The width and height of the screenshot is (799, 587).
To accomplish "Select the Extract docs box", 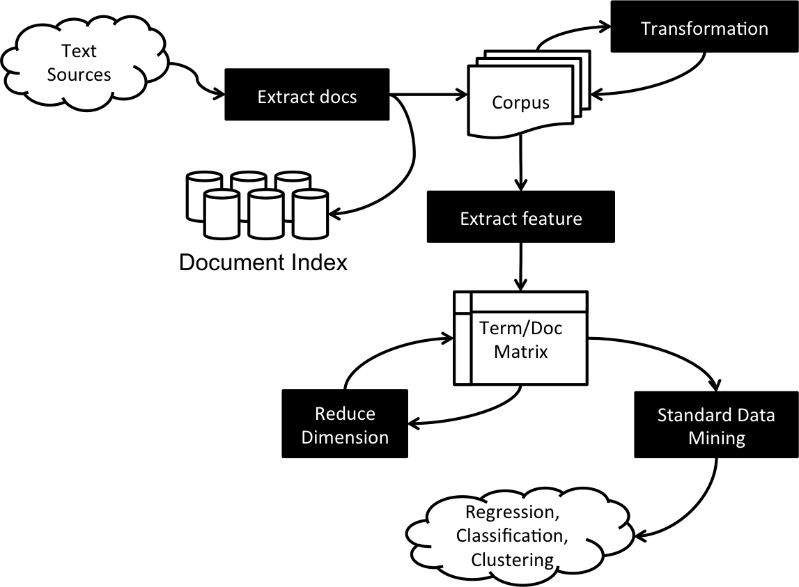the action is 307,95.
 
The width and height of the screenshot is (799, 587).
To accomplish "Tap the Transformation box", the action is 704,26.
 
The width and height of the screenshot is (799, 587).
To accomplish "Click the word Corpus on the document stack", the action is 520,102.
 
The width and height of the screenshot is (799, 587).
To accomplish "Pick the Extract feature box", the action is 521,217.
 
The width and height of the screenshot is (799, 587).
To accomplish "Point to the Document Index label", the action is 263,263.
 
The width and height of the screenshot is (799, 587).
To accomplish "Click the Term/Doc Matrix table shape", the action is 520,338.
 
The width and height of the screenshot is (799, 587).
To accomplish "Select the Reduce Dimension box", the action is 345,424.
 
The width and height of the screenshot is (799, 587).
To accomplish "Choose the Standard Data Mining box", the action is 716,425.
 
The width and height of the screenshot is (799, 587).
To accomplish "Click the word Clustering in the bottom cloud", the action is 513,559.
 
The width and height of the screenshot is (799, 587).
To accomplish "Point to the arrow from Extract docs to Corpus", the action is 428,95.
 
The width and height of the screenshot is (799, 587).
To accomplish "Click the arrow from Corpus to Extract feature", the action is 520,163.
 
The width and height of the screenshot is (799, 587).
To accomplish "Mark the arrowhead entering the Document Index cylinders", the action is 335,213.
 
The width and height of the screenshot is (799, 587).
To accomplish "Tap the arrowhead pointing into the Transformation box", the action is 605,26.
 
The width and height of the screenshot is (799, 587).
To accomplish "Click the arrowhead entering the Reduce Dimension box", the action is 414,423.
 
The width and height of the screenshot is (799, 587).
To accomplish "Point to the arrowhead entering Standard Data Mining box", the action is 716,384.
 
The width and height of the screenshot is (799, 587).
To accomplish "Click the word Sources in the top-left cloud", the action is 79,75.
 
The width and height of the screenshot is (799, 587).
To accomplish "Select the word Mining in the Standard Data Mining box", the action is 716,439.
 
